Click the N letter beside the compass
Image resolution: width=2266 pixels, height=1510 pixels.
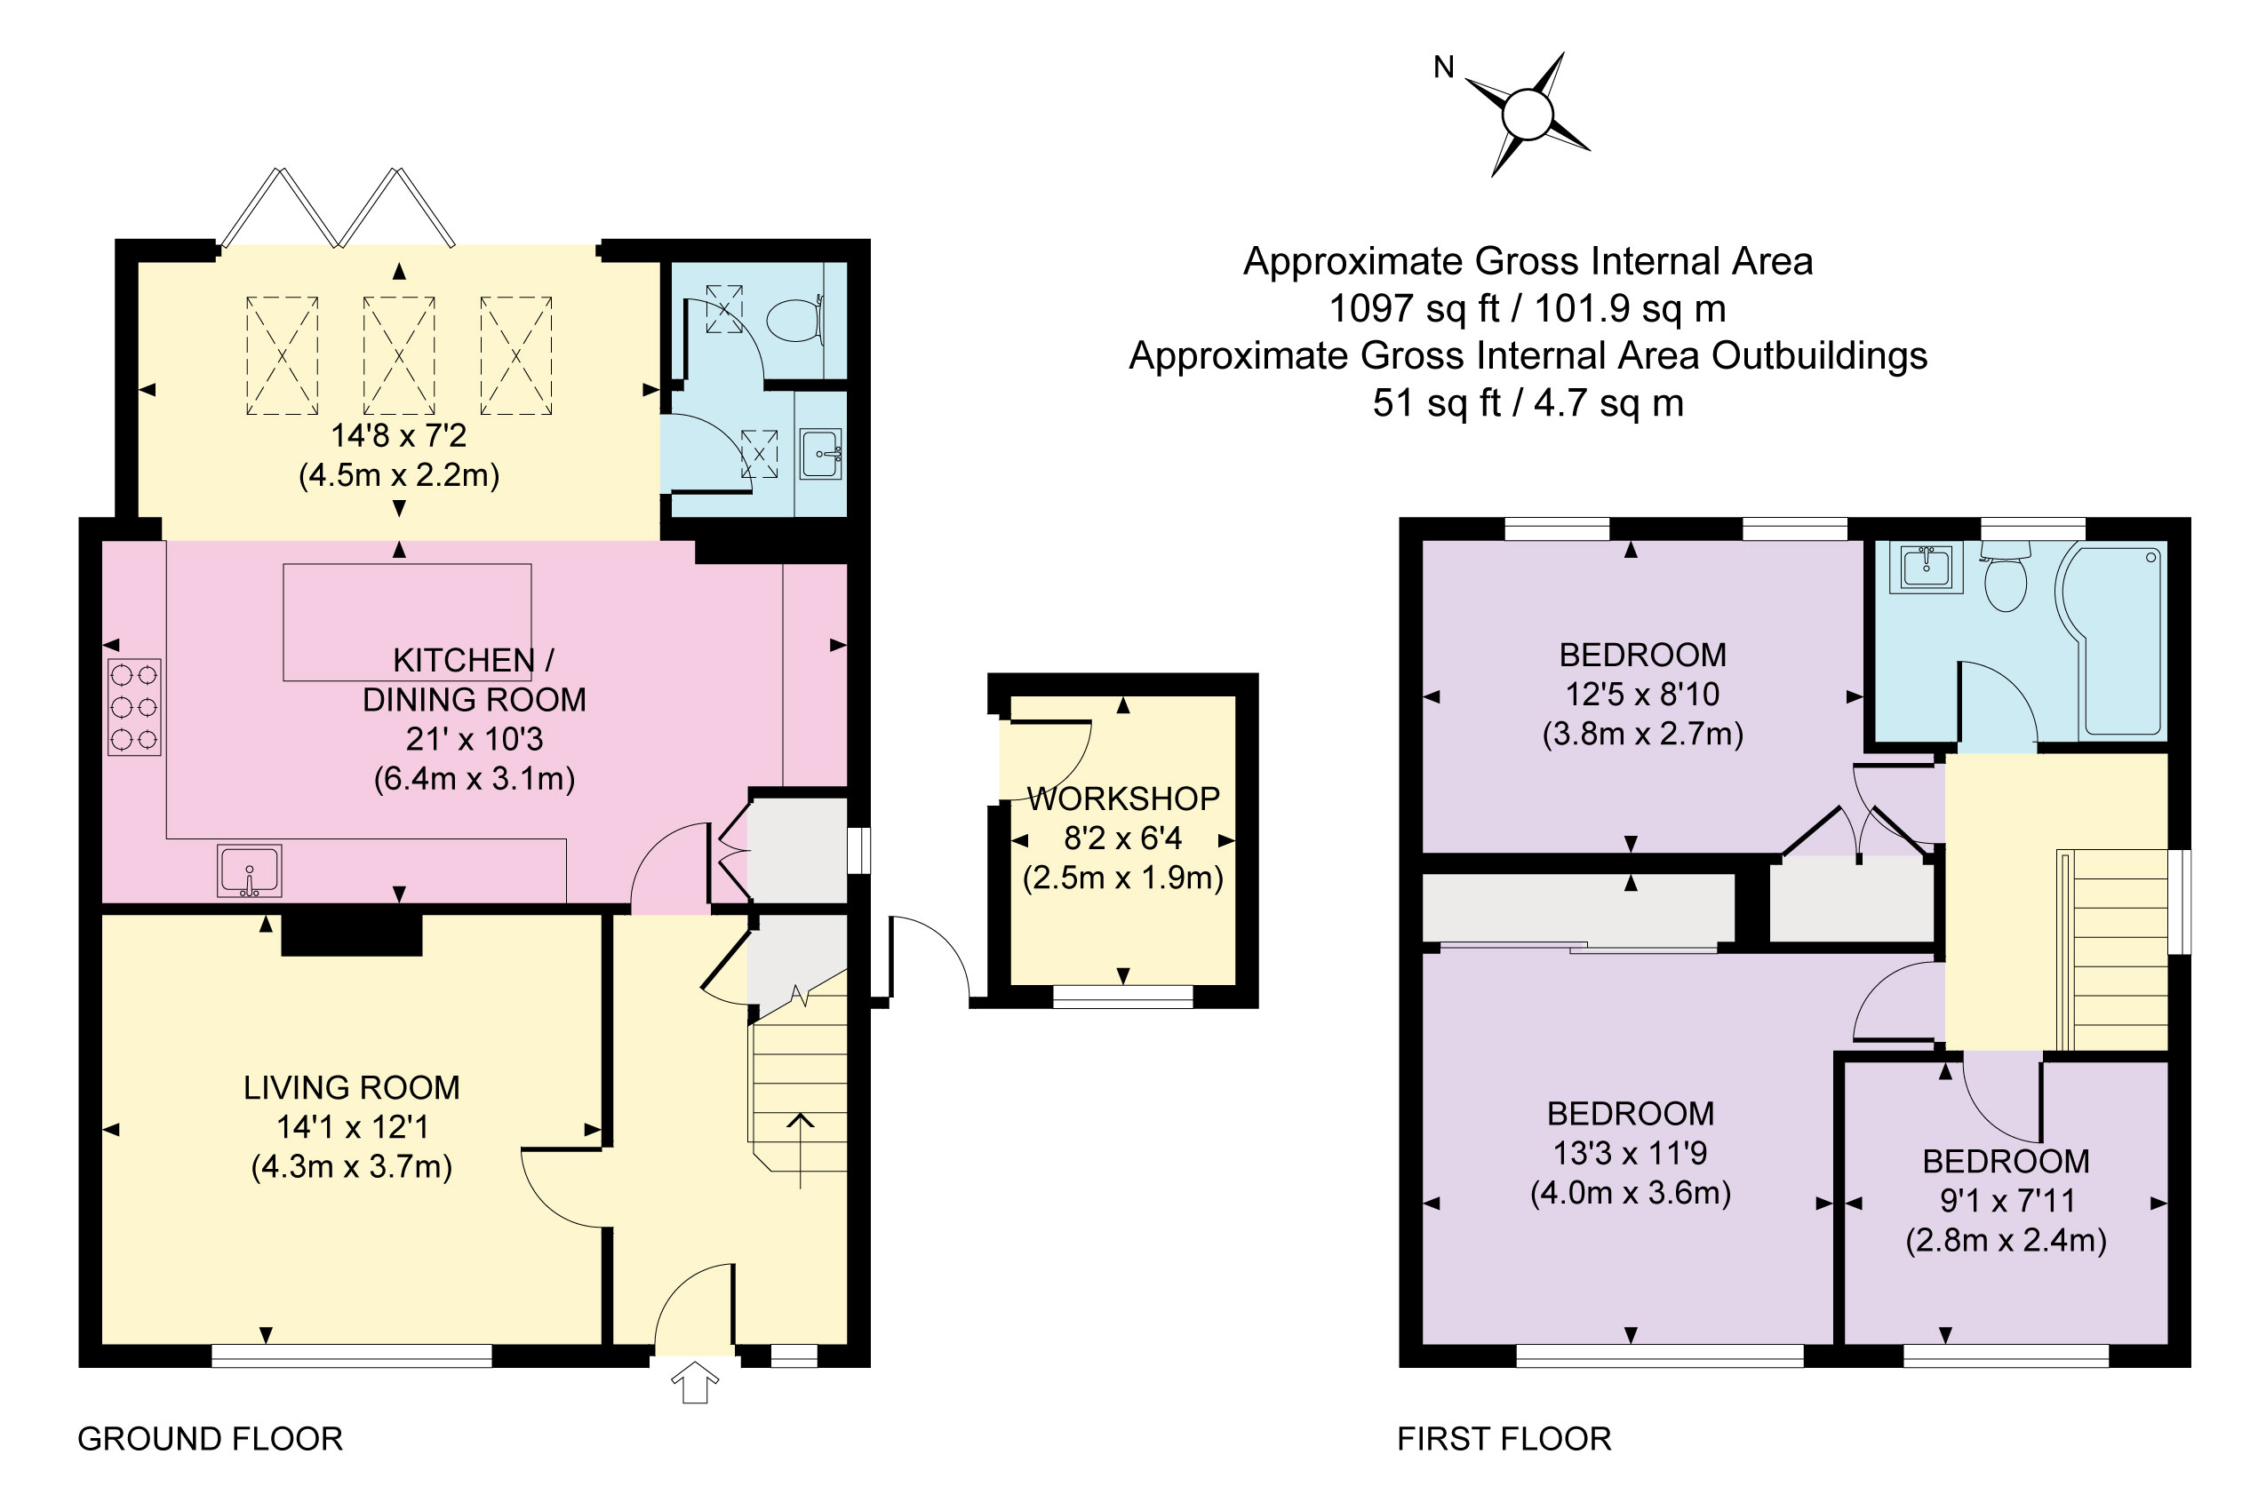1443,68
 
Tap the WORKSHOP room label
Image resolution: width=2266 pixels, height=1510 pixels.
1123,799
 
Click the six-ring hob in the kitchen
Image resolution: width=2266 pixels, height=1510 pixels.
134,707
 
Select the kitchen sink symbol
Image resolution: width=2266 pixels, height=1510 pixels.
250,870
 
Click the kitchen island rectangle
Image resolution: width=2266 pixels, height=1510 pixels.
407,622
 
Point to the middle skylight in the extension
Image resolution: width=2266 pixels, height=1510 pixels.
399,355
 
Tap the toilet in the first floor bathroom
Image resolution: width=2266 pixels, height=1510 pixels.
2006,579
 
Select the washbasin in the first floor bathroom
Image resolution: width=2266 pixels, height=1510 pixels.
1926,567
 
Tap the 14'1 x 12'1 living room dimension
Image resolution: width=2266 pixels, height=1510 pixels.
352,1126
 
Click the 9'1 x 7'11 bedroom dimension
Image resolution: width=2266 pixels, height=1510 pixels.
2007,1200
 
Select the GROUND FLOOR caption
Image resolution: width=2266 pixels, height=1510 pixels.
210,1439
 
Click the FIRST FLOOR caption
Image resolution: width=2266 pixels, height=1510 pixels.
1504,1439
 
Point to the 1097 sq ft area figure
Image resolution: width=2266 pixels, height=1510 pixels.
1415,308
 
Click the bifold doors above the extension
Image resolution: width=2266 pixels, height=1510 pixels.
337,209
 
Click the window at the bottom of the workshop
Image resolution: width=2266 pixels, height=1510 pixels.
1122,997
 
